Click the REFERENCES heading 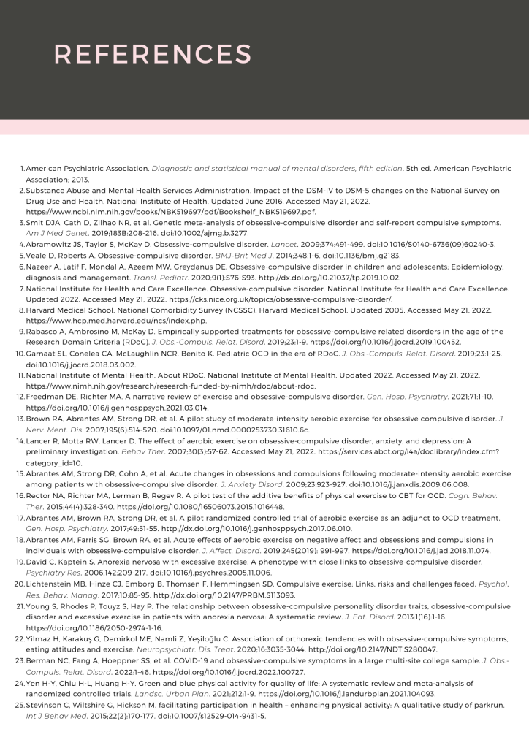click(x=153, y=53)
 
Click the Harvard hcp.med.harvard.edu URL click(x=116, y=320)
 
